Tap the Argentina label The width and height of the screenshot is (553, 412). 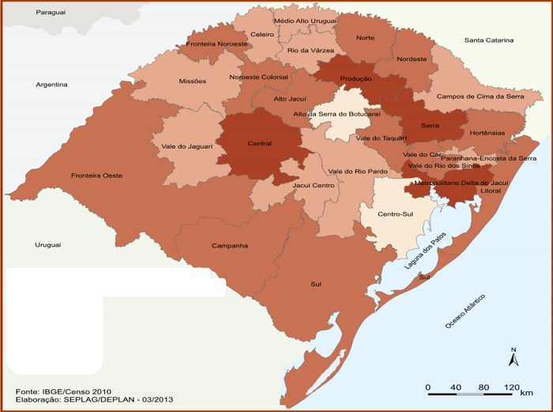pyautogui.click(x=51, y=84)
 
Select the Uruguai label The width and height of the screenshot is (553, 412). pyautogui.click(x=47, y=246)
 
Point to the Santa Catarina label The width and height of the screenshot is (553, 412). pyautogui.click(x=488, y=40)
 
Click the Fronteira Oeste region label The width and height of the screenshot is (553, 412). pyautogui.click(x=96, y=175)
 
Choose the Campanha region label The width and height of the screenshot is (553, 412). pyautogui.click(x=230, y=245)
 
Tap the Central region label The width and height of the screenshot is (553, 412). pyautogui.click(x=260, y=144)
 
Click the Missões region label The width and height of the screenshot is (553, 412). pyautogui.click(x=193, y=81)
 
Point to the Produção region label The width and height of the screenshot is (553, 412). pyautogui.click(x=356, y=79)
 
